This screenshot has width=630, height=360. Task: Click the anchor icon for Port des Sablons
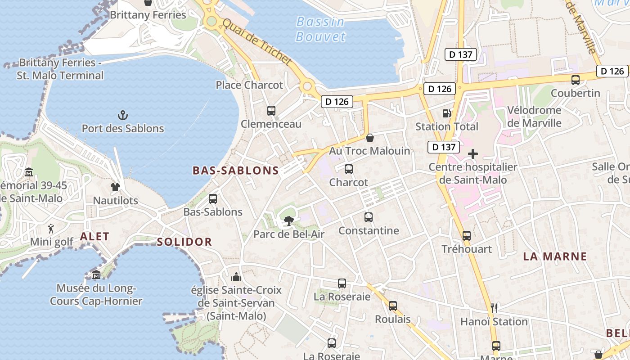122,116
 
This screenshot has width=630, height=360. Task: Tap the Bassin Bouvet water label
320,29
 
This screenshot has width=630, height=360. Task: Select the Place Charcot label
249,85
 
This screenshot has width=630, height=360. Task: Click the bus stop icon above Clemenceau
271,111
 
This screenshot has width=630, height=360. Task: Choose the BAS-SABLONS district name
236,171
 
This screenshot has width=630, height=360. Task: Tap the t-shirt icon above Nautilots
115,187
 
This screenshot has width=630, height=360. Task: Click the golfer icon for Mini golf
51,229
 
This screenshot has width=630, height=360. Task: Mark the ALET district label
94,237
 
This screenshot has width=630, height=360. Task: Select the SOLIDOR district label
184,242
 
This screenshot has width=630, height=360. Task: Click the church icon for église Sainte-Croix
236,277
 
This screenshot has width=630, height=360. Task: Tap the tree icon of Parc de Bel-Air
288,221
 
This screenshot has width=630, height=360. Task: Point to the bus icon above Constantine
369,217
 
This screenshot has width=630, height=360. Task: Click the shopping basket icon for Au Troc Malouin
369,138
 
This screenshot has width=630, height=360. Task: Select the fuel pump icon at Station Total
446,113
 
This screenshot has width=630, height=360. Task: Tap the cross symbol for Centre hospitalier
472,154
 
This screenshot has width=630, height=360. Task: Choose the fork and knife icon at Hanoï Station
494,308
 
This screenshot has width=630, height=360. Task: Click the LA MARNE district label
555,257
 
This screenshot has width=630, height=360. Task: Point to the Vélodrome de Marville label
534,117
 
